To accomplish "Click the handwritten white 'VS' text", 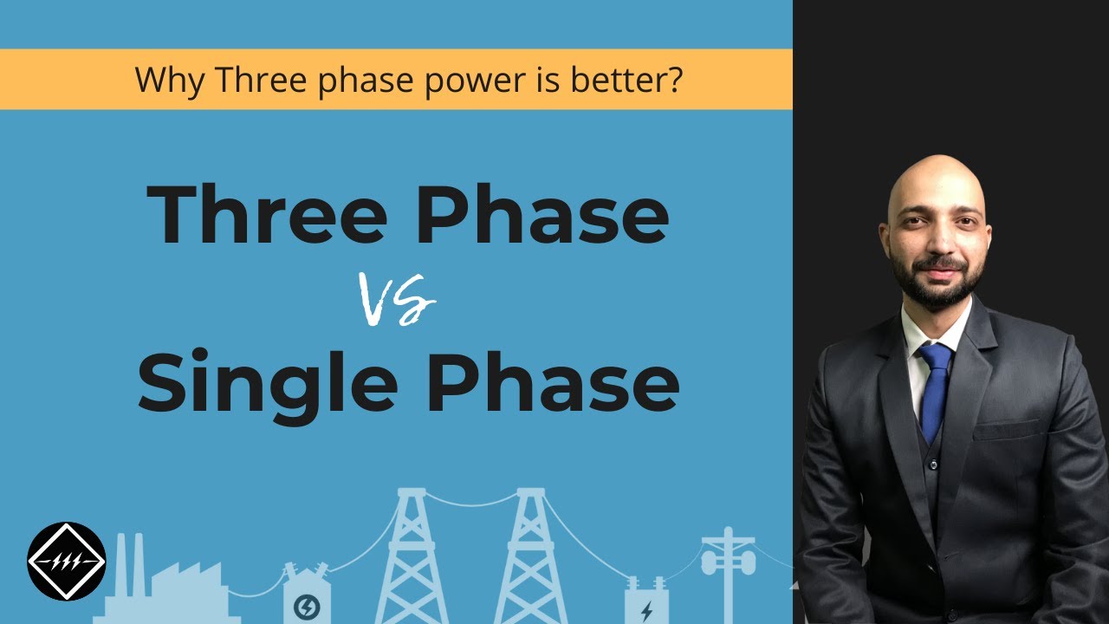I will (398, 300).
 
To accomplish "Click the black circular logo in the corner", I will (67, 562).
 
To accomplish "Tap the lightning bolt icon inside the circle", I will (307, 608).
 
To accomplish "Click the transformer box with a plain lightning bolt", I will (646, 602).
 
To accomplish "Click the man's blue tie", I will (934, 390).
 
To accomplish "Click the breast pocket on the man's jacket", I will (1005, 430).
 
